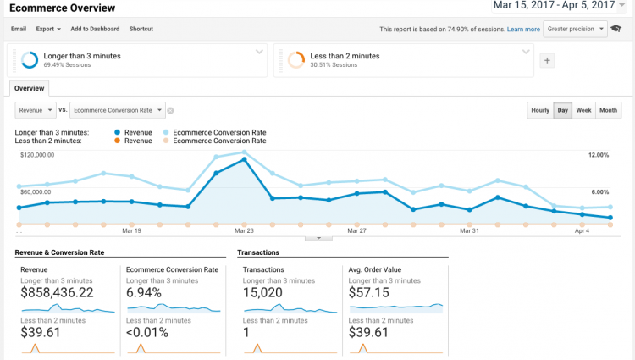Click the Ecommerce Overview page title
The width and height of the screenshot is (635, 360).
point(63,8)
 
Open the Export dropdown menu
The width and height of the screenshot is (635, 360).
point(47,29)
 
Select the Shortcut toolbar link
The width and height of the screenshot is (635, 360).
point(141,29)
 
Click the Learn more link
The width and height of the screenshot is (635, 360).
point(523,29)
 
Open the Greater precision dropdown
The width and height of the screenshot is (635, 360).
point(576,29)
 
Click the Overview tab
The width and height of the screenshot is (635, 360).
point(30,88)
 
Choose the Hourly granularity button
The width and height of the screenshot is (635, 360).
point(539,110)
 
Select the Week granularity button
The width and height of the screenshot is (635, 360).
point(583,110)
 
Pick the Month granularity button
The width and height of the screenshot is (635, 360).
point(608,110)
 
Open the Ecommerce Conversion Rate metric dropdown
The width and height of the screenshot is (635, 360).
point(118,110)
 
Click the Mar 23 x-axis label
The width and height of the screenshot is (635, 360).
point(244,230)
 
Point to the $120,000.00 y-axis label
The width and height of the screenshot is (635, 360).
point(37,155)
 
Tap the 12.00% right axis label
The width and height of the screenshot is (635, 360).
point(598,155)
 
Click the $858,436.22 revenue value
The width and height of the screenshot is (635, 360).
point(57,292)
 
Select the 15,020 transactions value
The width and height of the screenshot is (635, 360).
point(267,292)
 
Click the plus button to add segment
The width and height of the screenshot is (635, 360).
point(547,60)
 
